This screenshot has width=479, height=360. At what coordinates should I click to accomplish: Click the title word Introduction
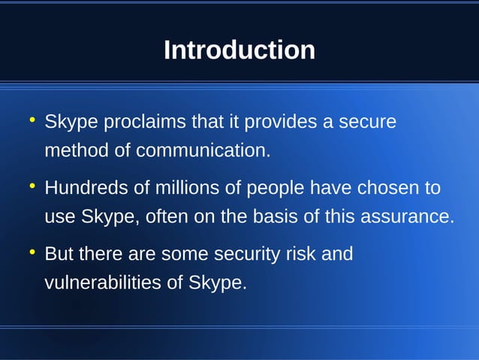coord(239,50)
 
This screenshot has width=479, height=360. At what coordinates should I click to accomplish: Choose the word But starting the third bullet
coord(59,254)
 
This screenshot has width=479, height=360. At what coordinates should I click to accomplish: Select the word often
coord(167,217)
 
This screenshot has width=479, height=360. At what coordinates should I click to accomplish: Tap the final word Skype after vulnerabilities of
coord(218,283)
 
